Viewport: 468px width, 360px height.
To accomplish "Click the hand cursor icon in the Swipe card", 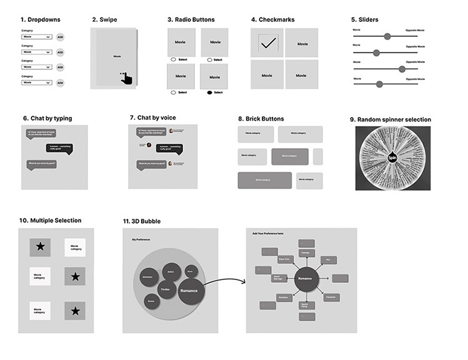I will [126, 77].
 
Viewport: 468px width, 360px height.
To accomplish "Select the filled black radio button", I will [210, 92].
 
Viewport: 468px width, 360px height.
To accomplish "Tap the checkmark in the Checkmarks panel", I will [268, 43].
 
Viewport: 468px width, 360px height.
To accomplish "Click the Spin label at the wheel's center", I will [392, 158].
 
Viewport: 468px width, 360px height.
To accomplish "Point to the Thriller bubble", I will [165, 289].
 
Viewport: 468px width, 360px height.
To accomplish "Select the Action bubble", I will [171, 271].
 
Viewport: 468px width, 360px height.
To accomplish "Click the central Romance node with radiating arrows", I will [305, 278].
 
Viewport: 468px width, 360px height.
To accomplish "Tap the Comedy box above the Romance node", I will [306, 252].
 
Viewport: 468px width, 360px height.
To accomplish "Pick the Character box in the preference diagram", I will [331, 297].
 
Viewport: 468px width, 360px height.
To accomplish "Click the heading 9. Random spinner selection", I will [390, 120].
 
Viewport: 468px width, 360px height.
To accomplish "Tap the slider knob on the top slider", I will [387, 36].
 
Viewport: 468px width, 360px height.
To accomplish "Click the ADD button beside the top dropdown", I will [61, 37].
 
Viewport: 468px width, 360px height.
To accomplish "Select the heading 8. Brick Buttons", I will [261, 119].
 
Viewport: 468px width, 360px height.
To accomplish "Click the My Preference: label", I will [142, 239].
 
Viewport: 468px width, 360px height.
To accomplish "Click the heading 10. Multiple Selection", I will [50, 221].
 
